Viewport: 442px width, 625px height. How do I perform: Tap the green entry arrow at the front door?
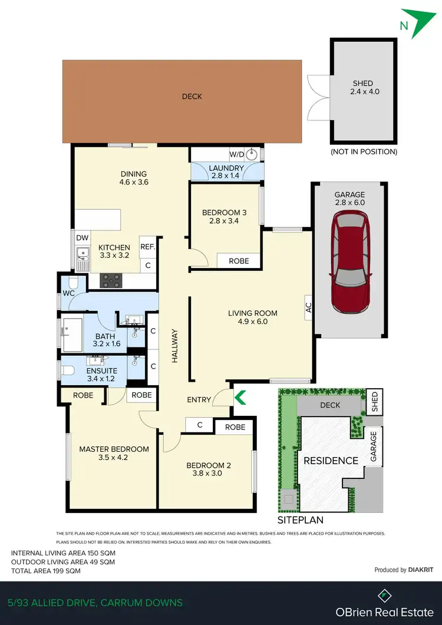coord(240,399)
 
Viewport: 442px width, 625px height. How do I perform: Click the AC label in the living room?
coord(308,306)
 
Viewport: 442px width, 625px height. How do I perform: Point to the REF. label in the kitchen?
coord(147,247)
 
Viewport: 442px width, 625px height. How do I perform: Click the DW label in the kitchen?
coord(83,237)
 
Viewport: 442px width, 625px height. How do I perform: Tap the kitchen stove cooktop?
coord(111,280)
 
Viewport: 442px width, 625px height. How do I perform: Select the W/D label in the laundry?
coord(236,155)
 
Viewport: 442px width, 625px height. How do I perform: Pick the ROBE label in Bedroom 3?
coord(239,260)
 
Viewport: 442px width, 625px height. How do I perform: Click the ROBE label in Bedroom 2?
coord(235,427)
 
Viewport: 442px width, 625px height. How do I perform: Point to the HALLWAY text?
coord(175,345)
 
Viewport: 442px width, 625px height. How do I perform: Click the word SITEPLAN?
coord(300,521)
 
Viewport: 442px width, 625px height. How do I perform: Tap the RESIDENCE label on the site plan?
coord(331,461)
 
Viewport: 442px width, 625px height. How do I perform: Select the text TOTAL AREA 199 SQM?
coord(46,571)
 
